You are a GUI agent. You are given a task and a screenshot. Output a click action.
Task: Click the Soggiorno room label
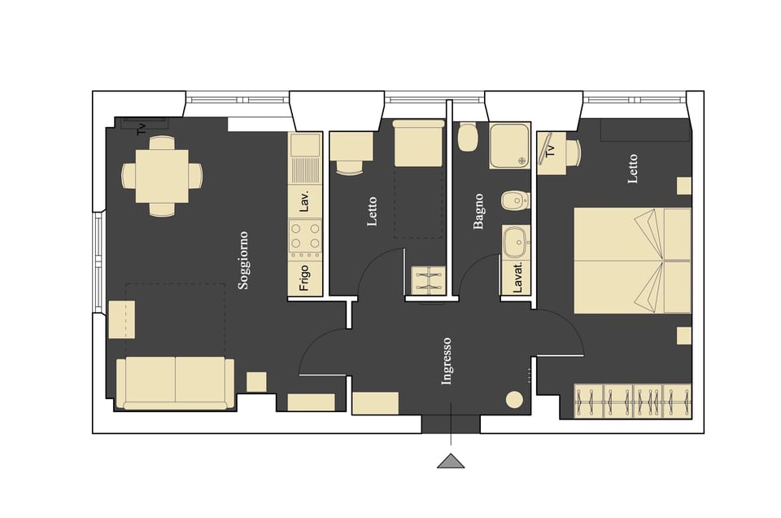pyautogui.click(x=242, y=261)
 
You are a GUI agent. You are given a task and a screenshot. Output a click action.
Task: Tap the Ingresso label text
pyautogui.click(x=446, y=361)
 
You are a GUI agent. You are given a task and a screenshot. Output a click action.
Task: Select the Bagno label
pyautogui.click(x=478, y=211)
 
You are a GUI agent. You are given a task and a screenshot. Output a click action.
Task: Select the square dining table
pyautogui.click(x=162, y=176)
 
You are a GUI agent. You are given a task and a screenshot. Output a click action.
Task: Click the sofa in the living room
pyautogui.click(x=175, y=382)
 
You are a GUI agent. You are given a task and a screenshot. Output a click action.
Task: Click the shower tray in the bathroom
pyautogui.click(x=509, y=145)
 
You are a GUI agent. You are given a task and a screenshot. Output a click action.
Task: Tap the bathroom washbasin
pyautogui.click(x=514, y=242)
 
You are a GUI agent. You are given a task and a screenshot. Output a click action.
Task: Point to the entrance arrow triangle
pyautogui.click(x=451, y=461)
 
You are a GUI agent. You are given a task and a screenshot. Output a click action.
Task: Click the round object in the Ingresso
pyautogui.click(x=514, y=400)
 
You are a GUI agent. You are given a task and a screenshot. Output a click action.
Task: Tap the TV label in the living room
pyautogui.click(x=142, y=128)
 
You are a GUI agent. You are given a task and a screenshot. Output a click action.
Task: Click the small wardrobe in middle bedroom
pyautogui.click(x=426, y=279)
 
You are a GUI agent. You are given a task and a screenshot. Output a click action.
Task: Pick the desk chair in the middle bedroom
pyautogui.click(x=350, y=167)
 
